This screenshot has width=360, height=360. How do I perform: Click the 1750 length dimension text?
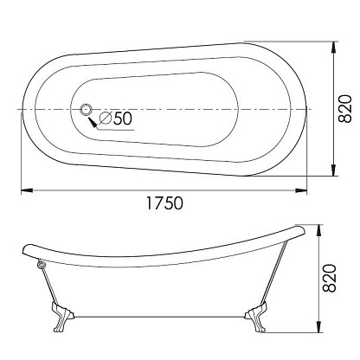coord(164,202)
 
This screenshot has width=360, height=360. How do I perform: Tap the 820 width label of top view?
coord(345,109)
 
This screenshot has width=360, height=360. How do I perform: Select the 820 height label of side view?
coord(330,278)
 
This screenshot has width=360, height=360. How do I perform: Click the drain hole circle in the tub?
coord(86,110)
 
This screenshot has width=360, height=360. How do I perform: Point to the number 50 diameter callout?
coord(123,119)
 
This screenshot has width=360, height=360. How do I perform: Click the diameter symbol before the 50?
coord(106,119)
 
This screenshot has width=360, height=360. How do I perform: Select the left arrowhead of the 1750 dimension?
coord(27,190)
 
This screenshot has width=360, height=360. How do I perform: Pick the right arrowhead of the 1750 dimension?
coord(300,190)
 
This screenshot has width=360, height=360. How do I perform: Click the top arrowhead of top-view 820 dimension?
coord(334,48)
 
